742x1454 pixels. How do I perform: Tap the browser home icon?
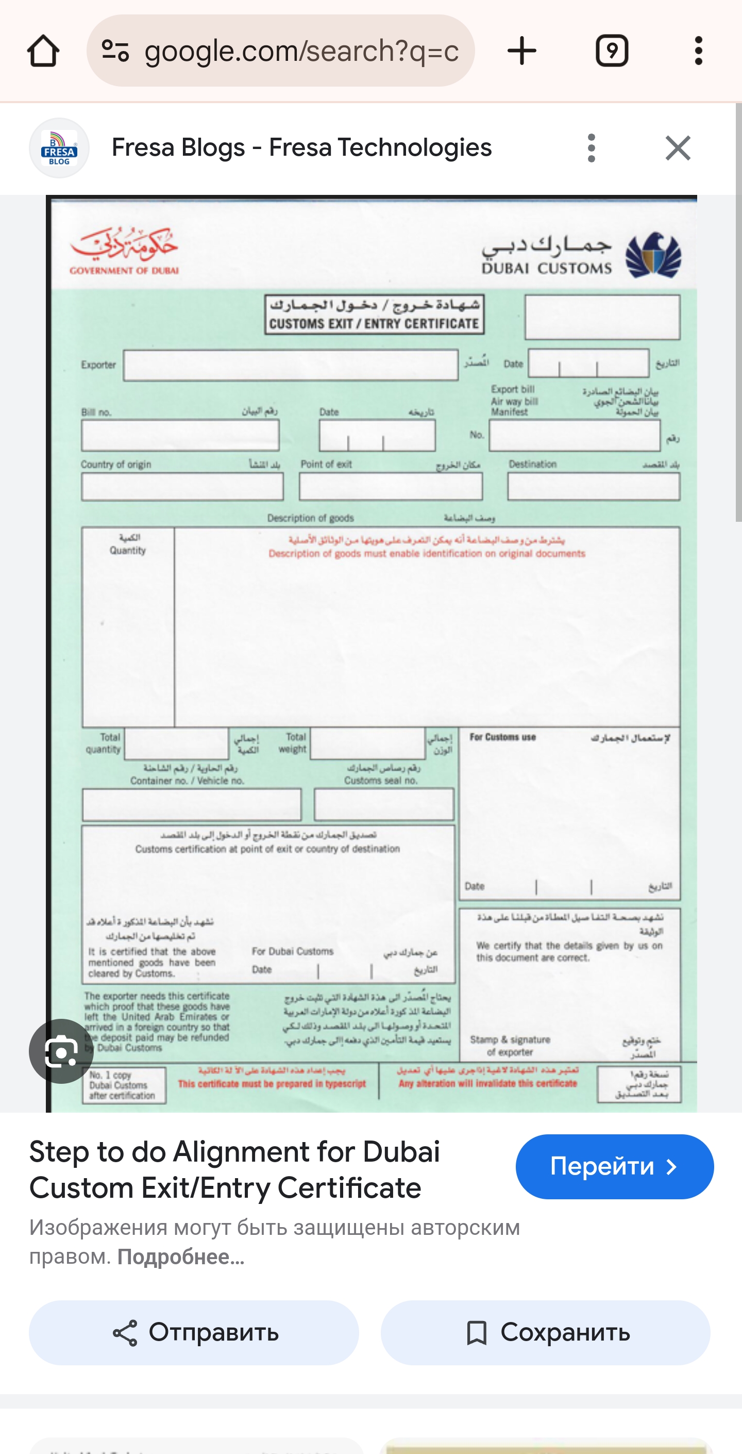pyautogui.click(x=43, y=51)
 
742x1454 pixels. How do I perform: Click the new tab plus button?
pyautogui.click(x=521, y=51)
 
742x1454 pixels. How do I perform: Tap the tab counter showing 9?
pyautogui.click(x=612, y=51)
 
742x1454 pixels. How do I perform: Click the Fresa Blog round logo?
pyautogui.click(x=59, y=148)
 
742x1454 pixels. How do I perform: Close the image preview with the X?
pyautogui.click(x=677, y=148)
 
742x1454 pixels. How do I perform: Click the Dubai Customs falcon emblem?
pyautogui.click(x=653, y=255)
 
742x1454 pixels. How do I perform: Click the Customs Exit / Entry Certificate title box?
pyautogui.click(x=374, y=315)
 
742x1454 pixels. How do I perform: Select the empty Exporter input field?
pyautogui.click(x=290, y=365)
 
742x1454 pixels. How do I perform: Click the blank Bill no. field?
pyautogui.click(x=180, y=436)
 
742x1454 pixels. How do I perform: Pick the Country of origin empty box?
pyautogui.click(x=182, y=487)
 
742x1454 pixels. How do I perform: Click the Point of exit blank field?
pyautogui.click(x=391, y=487)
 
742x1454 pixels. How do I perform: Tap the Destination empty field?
pyautogui.click(x=593, y=487)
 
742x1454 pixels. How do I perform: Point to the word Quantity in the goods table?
pyautogui.click(x=127, y=550)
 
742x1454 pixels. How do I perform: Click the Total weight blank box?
pyautogui.click(x=367, y=743)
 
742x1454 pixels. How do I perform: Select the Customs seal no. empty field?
pyautogui.click(x=384, y=804)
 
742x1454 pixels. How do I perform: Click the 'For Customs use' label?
pyautogui.click(x=502, y=737)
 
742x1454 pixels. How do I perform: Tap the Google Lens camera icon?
pyautogui.click(x=61, y=1051)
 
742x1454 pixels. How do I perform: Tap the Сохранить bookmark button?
pyautogui.click(x=545, y=1333)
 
